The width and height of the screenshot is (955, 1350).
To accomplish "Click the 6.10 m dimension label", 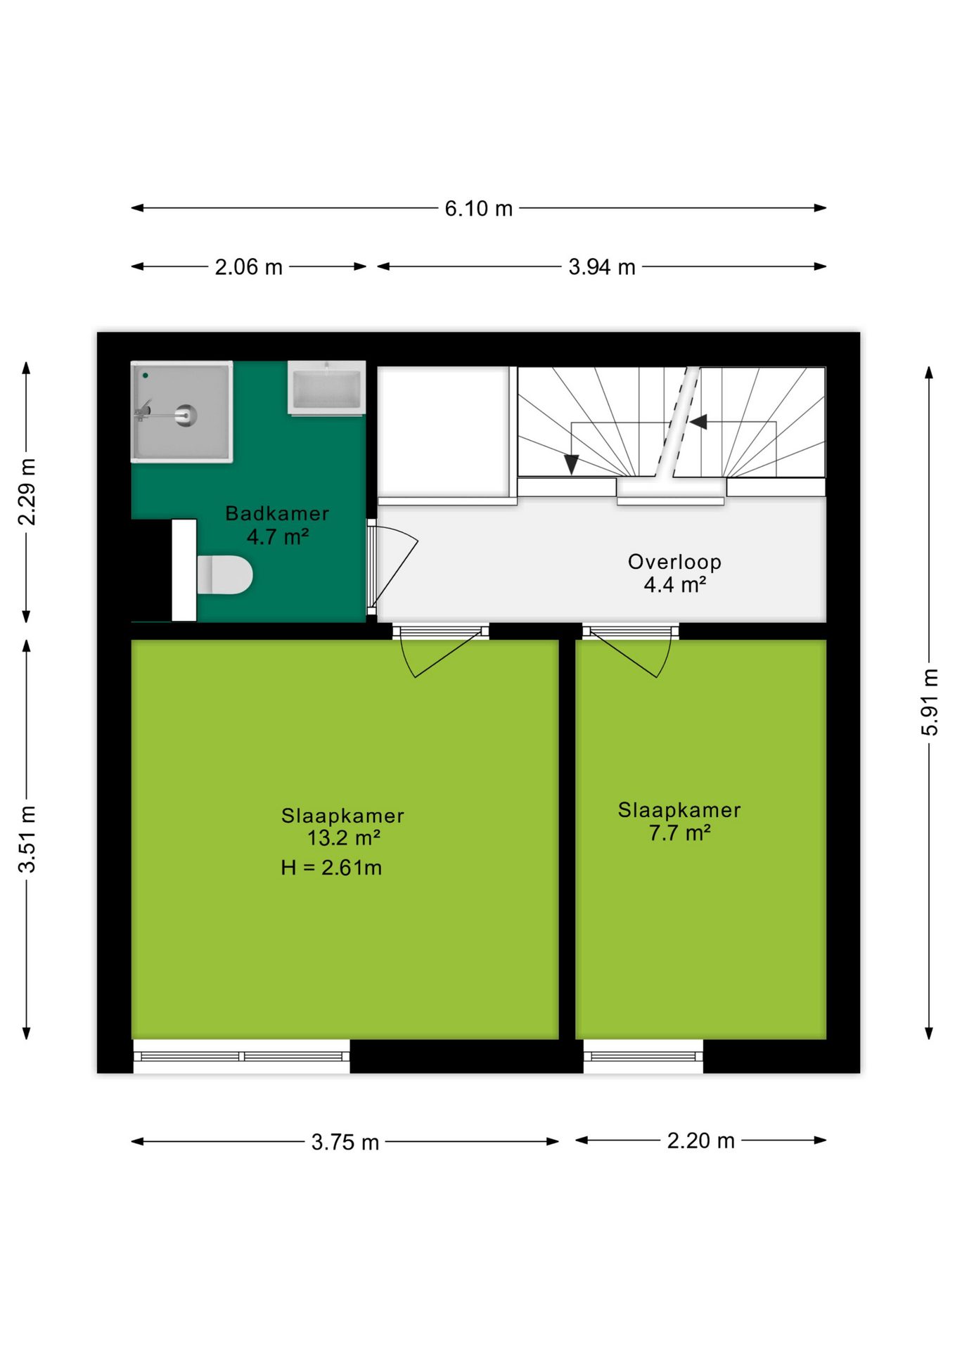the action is tap(478, 208).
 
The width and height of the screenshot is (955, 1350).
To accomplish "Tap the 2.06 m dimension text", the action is tap(248, 267).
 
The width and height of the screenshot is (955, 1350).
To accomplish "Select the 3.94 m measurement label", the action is tap(602, 267).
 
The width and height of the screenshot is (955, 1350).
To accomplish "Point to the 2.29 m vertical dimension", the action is tap(27, 491).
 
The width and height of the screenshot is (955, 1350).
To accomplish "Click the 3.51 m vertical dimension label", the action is tap(27, 840).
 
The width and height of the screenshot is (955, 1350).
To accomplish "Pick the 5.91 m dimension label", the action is tap(930, 702).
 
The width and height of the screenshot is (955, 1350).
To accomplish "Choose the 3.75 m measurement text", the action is tap(345, 1142).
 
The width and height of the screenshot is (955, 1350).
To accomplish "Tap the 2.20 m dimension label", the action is tap(700, 1140).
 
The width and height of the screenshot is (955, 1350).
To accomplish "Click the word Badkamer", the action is tap(277, 513).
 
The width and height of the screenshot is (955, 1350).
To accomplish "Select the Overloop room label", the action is tap(674, 562).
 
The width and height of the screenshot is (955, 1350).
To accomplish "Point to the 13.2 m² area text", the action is tap(344, 838).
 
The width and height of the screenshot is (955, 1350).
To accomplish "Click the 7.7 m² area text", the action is tap(679, 833).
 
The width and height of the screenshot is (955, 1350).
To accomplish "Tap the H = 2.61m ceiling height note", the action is tap(331, 868).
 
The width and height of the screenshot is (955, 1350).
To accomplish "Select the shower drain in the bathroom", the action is tap(186, 415).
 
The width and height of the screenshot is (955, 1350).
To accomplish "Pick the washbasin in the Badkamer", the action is tap(326, 387).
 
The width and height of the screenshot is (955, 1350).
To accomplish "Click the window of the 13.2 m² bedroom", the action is tap(241, 1056).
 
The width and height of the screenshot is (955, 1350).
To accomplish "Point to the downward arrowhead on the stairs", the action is tap(572, 464).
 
